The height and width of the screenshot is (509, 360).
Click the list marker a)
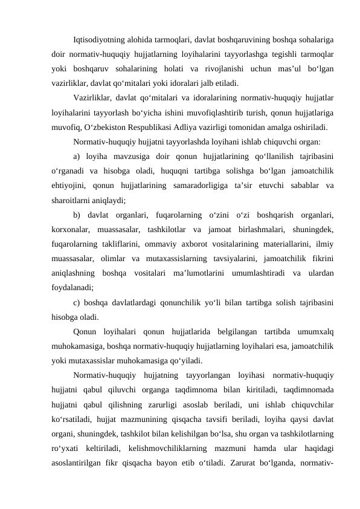pyautogui.click(x=77, y=158)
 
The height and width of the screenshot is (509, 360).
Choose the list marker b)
pyautogui.click(x=77, y=216)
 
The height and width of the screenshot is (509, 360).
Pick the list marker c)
pyautogui.click(x=76, y=303)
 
